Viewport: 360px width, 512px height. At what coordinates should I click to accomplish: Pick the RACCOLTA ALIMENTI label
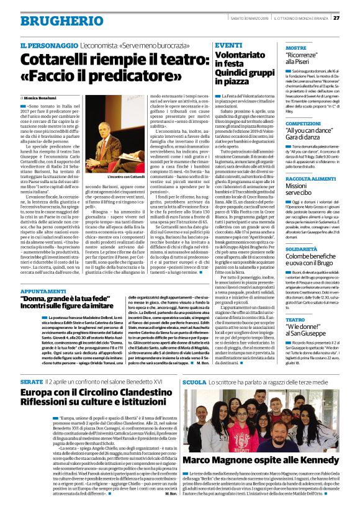311,179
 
